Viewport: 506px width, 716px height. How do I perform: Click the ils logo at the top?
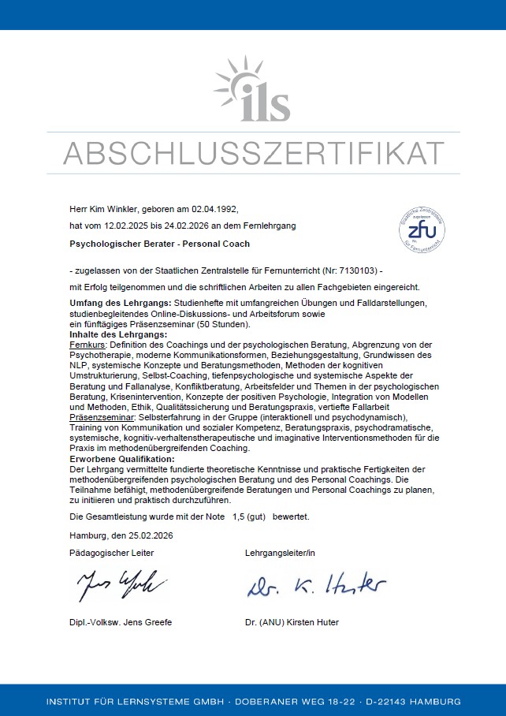click(x=253, y=91)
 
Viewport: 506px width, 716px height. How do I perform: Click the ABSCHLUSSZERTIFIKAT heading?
click(x=253, y=153)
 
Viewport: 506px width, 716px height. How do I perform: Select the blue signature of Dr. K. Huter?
click(x=315, y=586)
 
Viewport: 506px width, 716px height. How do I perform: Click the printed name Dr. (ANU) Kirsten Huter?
click(x=292, y=622)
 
